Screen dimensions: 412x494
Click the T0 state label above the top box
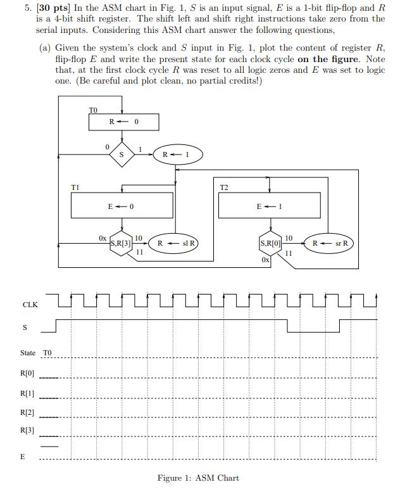click(x=94, y=110)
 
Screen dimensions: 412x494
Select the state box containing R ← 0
click(x=123, y=122)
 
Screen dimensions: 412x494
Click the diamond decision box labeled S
click(x=122, y=154)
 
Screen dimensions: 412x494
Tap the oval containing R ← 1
click(x=172, y=155)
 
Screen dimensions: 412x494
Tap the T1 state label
click(x=75, y=187)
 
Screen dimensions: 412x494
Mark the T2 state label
click(x=224, y=187)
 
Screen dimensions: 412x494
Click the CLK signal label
click(x=30, y=305)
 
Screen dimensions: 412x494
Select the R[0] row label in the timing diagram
click(x=27, y=374)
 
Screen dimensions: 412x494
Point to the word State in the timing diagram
click(x=28, y=353)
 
